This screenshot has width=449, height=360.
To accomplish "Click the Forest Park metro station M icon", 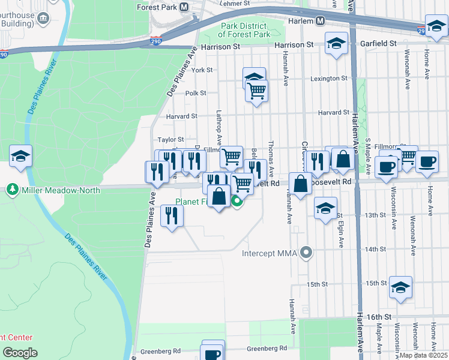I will tap(183, 7).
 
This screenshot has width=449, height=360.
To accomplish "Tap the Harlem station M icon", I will tap(321, 20).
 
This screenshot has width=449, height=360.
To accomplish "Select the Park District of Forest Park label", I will tap(245, 31).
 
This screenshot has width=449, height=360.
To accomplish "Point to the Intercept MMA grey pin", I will tap(307, 253).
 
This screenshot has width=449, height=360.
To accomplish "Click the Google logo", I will tap(20, 353).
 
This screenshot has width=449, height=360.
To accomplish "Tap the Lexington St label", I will tap(329, 79).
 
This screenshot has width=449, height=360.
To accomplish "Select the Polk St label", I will tap(195, 93).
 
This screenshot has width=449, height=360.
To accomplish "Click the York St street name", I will tap(202, 70).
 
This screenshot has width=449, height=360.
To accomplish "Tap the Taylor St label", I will tap(170, 139).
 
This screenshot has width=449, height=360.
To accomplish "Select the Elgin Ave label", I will tap(340, 234).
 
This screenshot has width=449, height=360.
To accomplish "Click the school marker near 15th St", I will tap(400, 287).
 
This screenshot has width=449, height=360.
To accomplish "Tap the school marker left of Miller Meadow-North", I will tap(21, 157).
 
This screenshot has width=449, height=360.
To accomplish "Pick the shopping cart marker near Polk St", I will tap(256, 91).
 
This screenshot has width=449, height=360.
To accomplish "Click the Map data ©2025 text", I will tap(423, 355).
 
